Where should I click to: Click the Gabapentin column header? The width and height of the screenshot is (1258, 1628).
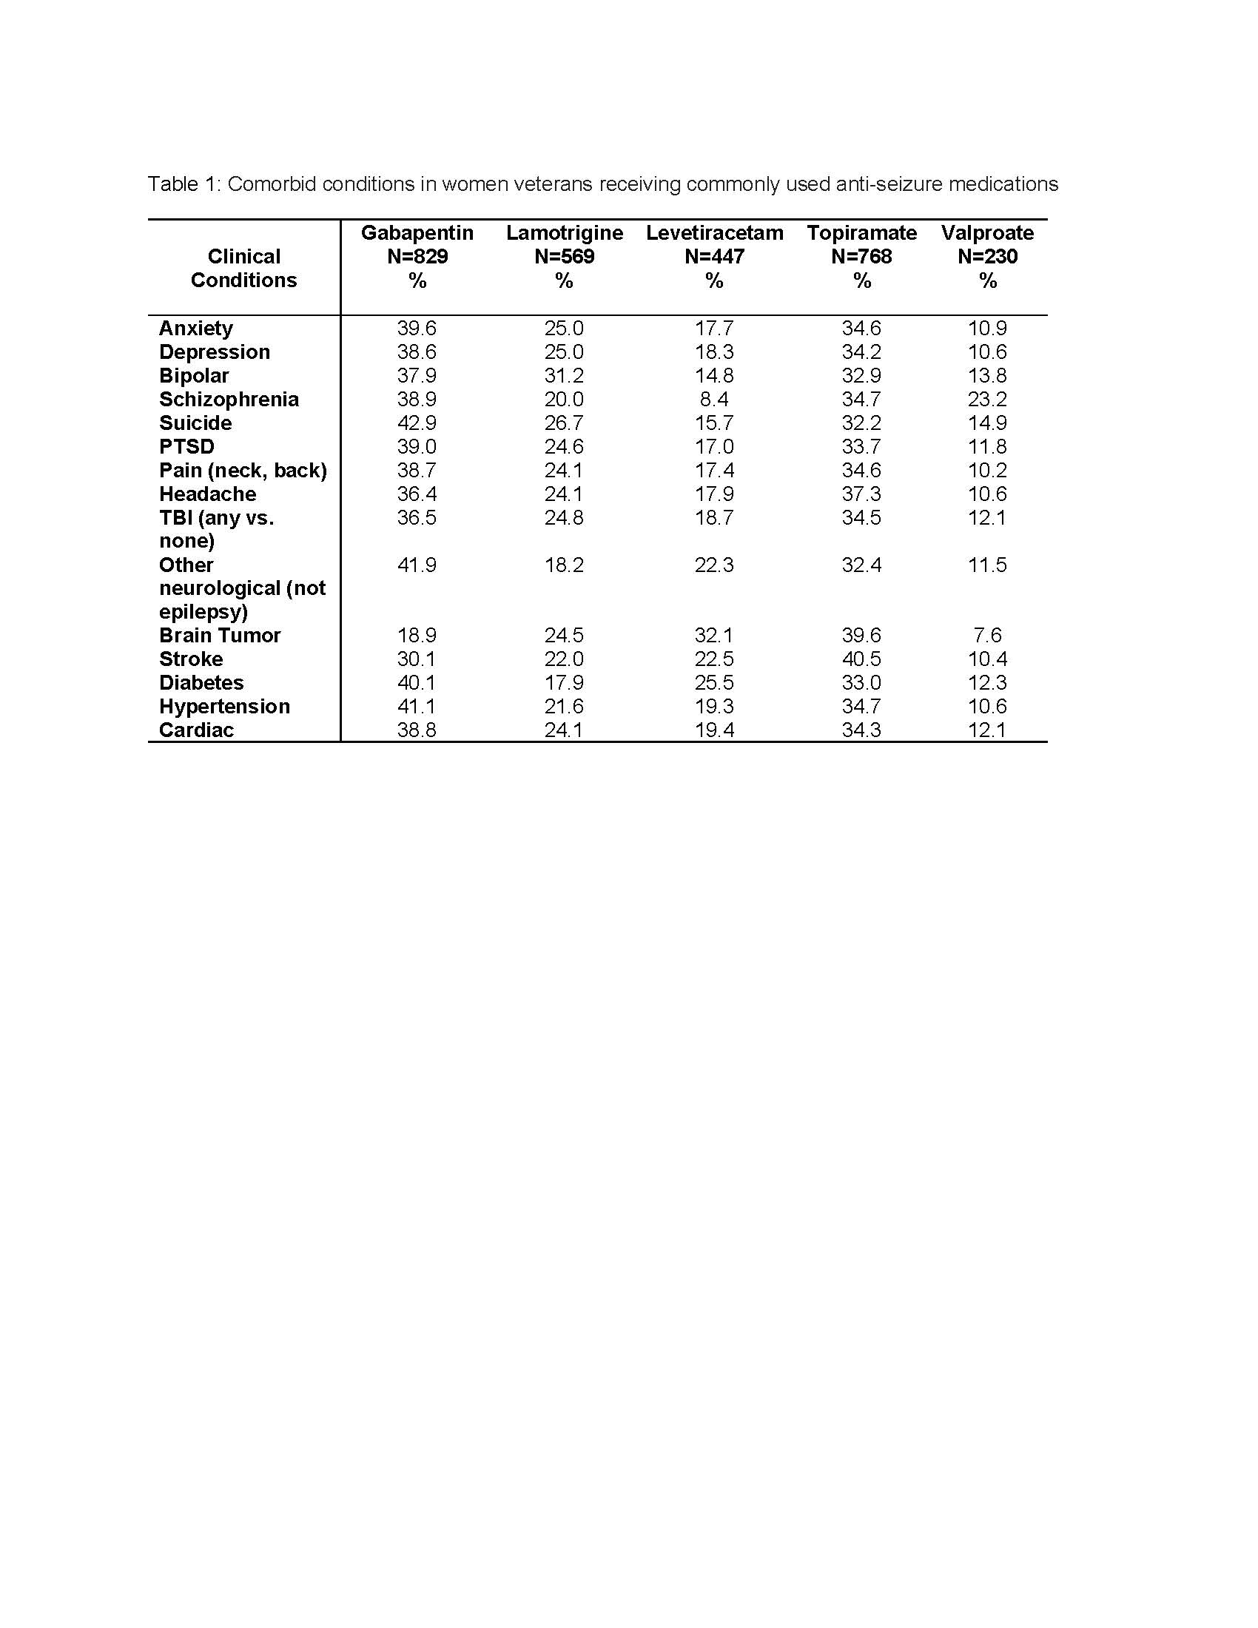(417, 232)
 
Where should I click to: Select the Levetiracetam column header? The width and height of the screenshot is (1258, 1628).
(714, 232)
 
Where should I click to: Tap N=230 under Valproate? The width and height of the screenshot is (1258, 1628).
(986, 257)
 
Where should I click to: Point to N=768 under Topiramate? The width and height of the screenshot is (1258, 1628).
(861, 257)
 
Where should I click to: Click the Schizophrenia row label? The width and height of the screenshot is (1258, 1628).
(229, 400)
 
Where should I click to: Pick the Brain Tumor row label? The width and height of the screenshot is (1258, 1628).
(220, 635)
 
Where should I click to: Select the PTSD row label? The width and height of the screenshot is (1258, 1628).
(186, 446)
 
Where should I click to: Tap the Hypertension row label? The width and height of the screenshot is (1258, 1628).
(224, 706)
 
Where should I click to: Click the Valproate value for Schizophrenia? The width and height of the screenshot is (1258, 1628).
(986, 400)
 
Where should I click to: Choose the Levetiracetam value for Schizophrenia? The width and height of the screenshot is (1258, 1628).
(713, 400)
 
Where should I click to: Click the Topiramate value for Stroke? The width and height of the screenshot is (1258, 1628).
(861, 659)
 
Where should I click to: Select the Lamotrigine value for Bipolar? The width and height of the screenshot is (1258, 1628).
(563, 376)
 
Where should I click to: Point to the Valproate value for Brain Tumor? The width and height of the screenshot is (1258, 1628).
(986, 635)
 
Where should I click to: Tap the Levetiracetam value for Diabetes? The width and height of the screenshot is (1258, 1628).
(713, 683)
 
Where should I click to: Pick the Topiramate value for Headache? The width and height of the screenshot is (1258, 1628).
(861, 494)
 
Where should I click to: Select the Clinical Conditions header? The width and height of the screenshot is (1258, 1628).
(243, 269)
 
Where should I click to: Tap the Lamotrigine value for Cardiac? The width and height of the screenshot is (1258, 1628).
(563, 730)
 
